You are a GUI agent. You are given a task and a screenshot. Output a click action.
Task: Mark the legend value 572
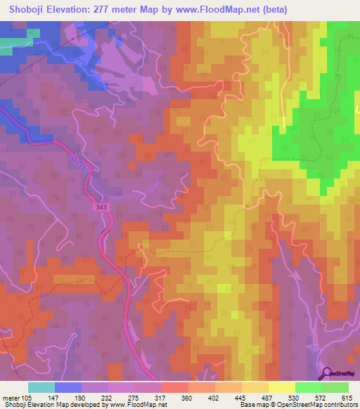pyautogui.click(x=323, y=398)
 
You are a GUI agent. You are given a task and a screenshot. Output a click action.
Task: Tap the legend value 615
pyautogui.click(x=344, y=398)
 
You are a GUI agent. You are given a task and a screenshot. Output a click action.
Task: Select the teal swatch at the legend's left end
pyautogui.click(x=41, y=387)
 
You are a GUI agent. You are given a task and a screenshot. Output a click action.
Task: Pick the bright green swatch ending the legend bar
pyautogui.click(x=335, y=387)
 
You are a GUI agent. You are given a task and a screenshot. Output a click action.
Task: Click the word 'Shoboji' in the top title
pyautogui.click(x=25, y=9)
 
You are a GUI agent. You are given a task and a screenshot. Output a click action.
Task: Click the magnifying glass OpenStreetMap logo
pyautogui.click(x=326, y=373)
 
